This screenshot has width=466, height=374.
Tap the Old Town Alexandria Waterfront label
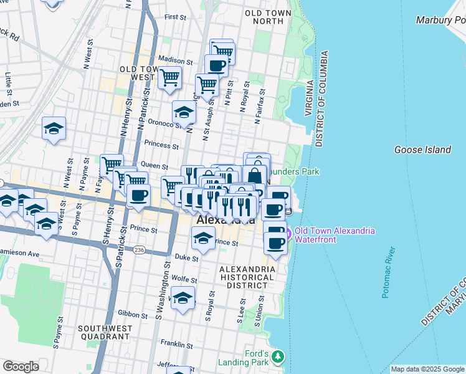[335, 235]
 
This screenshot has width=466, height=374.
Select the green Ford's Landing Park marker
[277, 357]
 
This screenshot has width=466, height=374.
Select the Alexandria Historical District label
[247, 277]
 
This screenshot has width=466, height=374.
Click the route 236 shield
[139, 249]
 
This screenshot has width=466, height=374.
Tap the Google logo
[21, 367]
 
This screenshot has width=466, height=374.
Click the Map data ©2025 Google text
[427, 369]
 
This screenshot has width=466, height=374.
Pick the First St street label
[175, 18]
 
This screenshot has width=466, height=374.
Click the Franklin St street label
[176, 343]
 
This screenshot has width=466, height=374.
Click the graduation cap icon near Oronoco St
[184, 113]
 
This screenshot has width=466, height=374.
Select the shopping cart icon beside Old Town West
[169, 78]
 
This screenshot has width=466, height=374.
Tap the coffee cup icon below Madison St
[216, 65]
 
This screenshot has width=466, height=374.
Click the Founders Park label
[302, 171]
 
